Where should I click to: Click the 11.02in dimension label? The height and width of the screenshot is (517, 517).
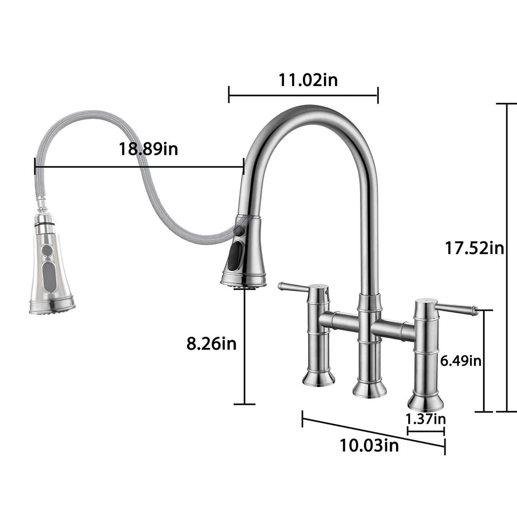(308, 80)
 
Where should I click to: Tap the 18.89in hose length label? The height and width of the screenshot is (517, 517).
(148, 149)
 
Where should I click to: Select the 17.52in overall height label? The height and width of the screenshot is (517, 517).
(474, 248)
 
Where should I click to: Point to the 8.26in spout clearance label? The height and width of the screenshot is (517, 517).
(211, 344)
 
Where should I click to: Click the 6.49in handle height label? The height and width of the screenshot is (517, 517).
(460, 361)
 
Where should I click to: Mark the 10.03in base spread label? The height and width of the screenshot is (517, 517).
(369, 446)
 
